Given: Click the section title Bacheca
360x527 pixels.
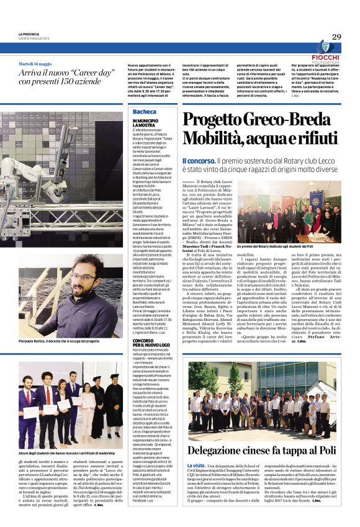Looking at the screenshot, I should click(145, 111).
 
